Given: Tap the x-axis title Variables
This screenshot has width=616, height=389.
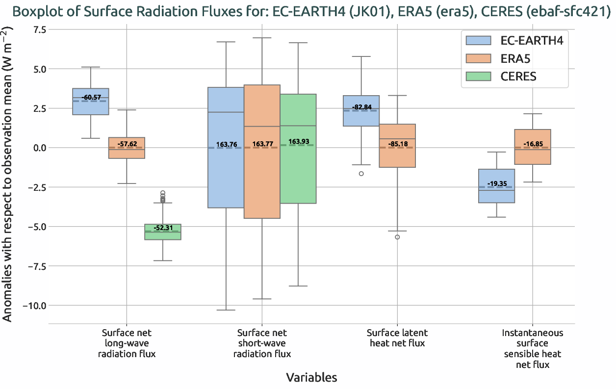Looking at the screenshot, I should tap(311, 377).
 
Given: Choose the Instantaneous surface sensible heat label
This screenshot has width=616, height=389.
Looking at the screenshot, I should tap(532, 348).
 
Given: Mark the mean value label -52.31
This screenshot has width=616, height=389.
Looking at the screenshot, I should tap(163, 228).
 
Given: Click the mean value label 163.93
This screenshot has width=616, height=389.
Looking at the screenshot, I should tap(298, 142).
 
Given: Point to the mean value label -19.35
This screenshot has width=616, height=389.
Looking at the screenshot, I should tap(497, 184).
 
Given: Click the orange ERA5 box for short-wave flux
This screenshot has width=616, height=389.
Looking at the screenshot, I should tap(262, 186).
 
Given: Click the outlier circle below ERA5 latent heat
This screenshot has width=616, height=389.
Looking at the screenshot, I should tap(397, 237).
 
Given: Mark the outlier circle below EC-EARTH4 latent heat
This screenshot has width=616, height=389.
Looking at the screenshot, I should tap(361, 174).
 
